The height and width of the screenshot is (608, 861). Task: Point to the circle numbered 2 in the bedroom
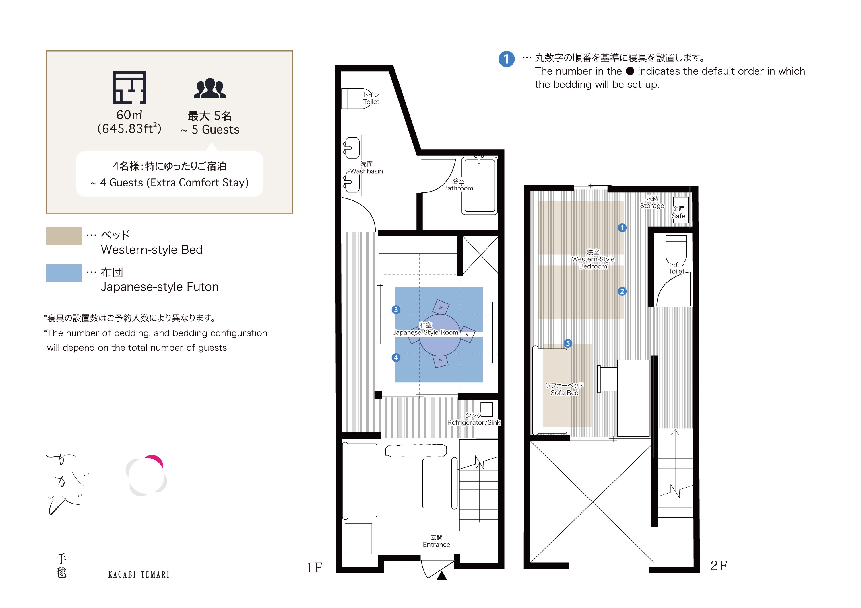tap(622, 291)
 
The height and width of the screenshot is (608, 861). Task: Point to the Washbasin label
tap(366, 171)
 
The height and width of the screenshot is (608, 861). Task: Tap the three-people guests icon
tap(210, 88)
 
